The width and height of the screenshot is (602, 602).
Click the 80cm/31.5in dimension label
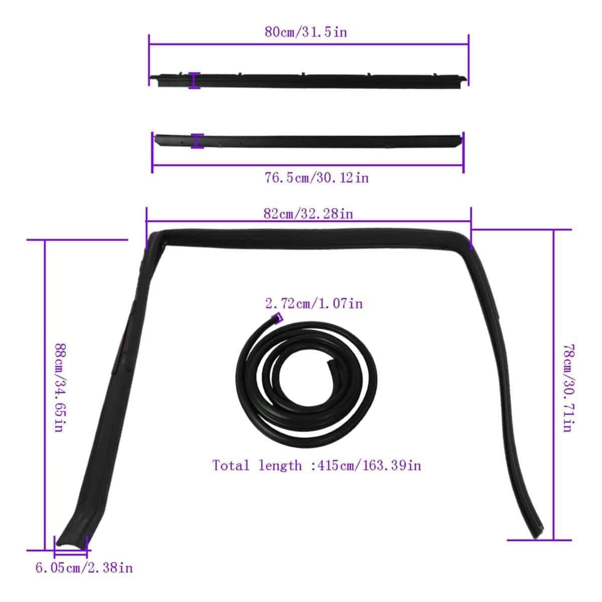tap(306, 32)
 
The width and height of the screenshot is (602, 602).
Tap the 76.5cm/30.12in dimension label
tap(317, 178)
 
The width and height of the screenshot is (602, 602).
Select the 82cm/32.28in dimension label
tap(308, 214)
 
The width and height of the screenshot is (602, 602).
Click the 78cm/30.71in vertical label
tap(567, 388)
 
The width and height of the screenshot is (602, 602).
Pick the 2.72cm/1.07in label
tap(314, 304)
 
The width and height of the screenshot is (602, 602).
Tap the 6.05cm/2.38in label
tap(84, 568)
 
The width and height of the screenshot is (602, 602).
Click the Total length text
tap(317, 466)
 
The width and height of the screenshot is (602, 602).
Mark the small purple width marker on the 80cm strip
tap(194, 81)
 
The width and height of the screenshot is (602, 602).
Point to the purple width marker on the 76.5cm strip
tap(197, 141)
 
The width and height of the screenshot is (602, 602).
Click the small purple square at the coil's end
tap(276, 319)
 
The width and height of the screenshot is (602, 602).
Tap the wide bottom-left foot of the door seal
tap(71, 537)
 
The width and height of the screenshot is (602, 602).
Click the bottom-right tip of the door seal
tap(537, 529)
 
